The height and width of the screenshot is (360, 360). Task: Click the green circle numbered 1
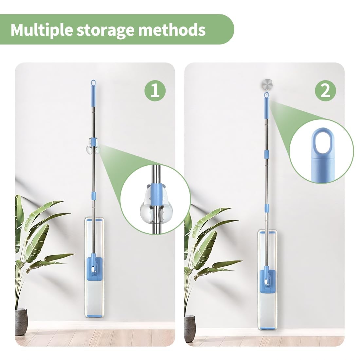155,91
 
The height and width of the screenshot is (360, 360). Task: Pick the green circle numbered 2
325,91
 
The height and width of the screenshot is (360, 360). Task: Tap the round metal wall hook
267,85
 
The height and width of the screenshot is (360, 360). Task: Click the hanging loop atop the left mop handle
93,83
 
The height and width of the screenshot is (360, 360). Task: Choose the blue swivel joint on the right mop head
266,278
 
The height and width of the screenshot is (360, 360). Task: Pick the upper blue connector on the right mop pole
266,154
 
